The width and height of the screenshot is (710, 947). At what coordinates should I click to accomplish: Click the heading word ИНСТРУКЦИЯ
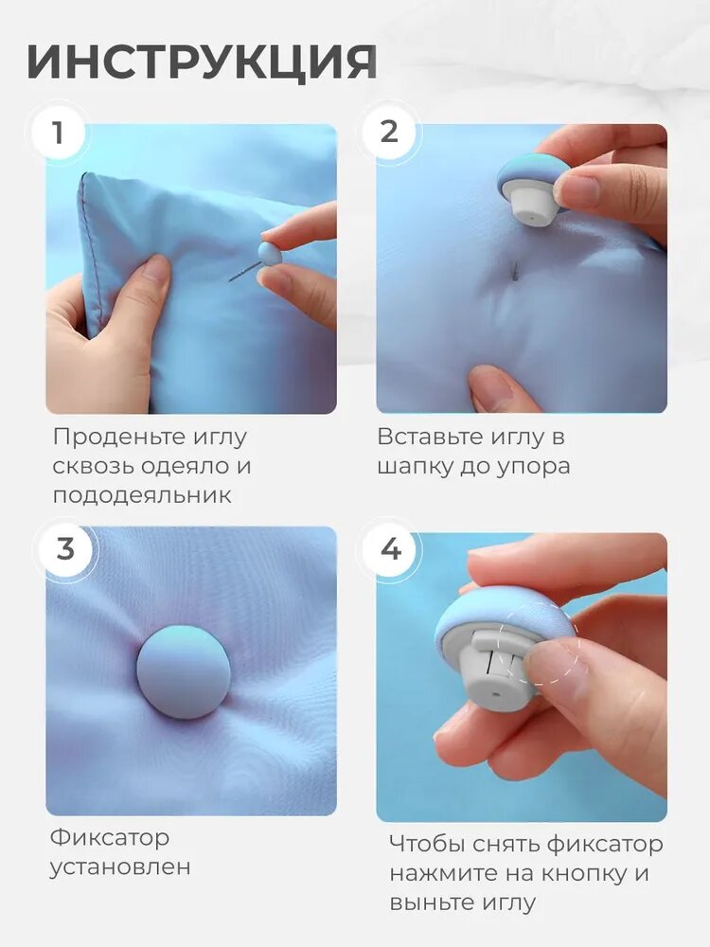(x=203, y=62)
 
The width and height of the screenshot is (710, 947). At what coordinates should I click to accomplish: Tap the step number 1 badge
(x=58, y=133)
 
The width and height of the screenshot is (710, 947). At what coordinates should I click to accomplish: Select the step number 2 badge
(x=389, y=133)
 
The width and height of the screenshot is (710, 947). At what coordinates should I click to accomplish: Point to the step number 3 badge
(x=65, y=549)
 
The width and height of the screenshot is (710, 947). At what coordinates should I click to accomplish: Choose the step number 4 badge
(x=391, y=549)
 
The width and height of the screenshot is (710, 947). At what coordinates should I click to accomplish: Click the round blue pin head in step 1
(x=269, y=254)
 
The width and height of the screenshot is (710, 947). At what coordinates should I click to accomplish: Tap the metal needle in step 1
(x=244, y=271)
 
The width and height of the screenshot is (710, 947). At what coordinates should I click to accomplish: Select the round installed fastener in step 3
(x=183, y=672)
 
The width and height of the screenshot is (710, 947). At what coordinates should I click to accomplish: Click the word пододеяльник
(x=142, y=496)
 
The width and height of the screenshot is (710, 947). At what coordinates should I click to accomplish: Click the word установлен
(x=120, y=867)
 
